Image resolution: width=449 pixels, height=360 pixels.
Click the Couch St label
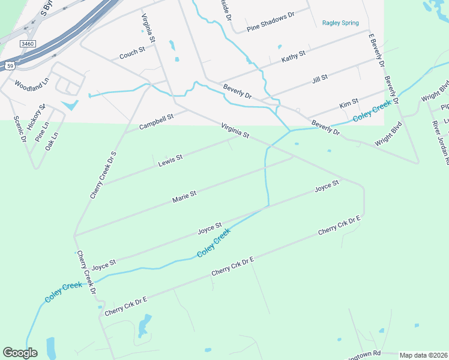coord(132,53)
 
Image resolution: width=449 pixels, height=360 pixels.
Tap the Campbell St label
coord(156,122)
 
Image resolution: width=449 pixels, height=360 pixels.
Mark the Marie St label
coord(184,196)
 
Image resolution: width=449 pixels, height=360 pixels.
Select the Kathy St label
coord(294,57)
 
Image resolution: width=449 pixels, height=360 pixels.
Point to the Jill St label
coord(319,77)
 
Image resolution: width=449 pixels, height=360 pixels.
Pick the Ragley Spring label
coord(340,23)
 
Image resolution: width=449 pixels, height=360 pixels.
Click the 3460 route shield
coord(28,44)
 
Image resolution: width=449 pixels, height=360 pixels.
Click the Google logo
coord(20,352)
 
